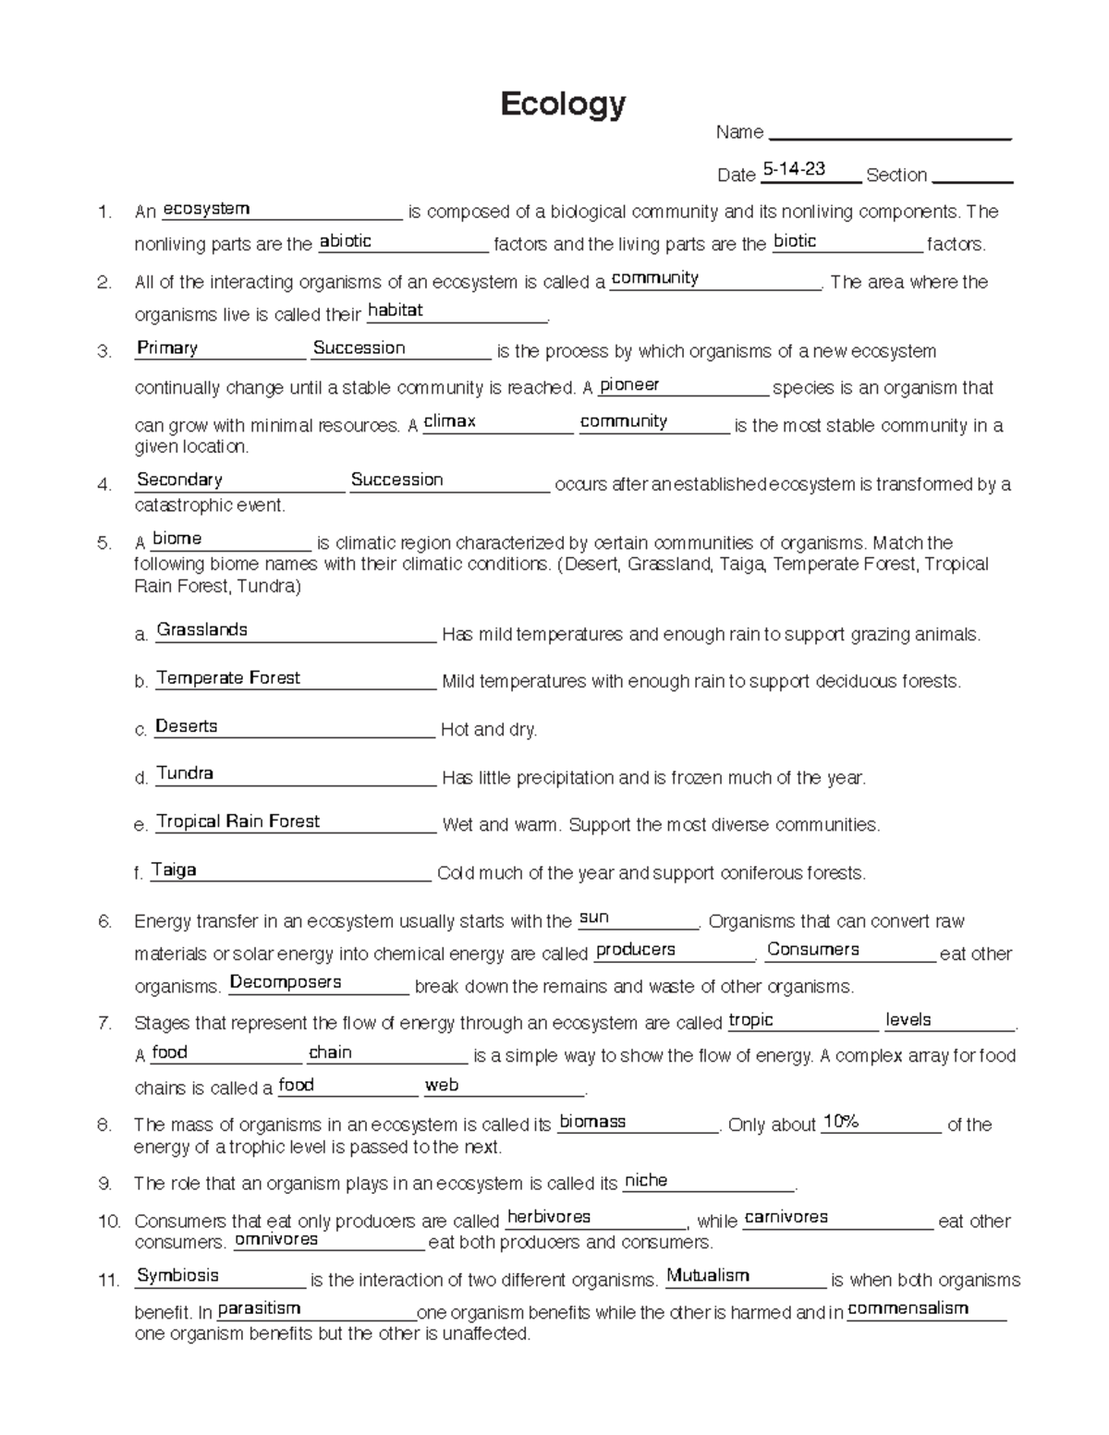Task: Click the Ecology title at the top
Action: (563, 104)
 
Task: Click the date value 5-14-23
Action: (794, 169)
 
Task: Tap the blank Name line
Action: (889, 133)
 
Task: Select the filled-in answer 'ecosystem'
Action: (206, 209)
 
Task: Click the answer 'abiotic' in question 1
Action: (345, 241)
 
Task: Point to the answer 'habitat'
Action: (395, 310)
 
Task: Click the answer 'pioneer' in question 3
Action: (629, 384)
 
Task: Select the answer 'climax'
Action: (449, 421)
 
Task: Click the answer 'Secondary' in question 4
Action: (179, 480)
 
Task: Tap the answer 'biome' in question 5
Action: (177, 539)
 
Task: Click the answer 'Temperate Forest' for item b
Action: (228, 678)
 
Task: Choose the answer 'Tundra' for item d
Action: (185, 773)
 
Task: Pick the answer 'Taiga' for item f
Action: (174, 870)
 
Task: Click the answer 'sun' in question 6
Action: (593, 918)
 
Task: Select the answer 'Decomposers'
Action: (286, 982)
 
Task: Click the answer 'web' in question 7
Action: (442, 1085)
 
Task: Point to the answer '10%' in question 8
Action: (841, 1122)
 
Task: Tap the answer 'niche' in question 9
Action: (646, 1181)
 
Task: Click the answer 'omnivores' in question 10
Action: (276, 1239)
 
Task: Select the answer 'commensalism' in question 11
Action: (908, 1308)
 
